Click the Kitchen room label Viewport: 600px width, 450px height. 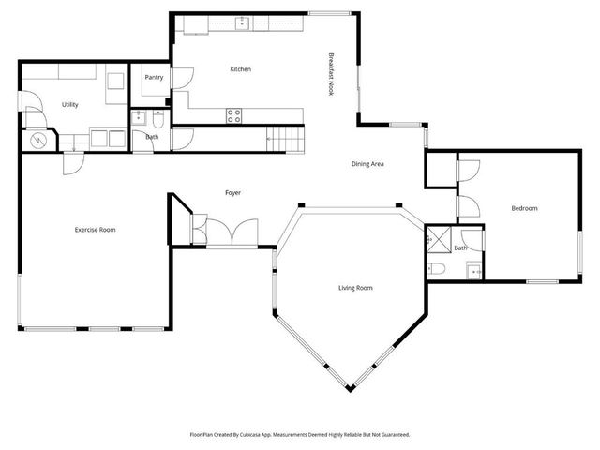point(241,69)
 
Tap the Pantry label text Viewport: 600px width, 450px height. point(154,78)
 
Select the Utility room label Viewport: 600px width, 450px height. point(70,105)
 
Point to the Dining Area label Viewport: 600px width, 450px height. point(368,164)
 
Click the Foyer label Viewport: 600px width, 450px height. point(232,193)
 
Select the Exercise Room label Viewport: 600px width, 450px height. point(95,229)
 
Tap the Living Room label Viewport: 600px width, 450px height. point(355,288)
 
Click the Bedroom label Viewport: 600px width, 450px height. point(524,208)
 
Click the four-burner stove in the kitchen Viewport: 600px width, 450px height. point(234,116)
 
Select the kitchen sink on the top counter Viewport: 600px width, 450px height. point(242,22)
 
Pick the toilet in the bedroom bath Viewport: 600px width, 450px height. point(439,270)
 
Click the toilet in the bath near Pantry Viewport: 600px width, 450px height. point(159,119)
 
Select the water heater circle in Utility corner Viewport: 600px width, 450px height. point(39,141)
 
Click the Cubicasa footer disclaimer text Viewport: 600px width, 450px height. point(300,435)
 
